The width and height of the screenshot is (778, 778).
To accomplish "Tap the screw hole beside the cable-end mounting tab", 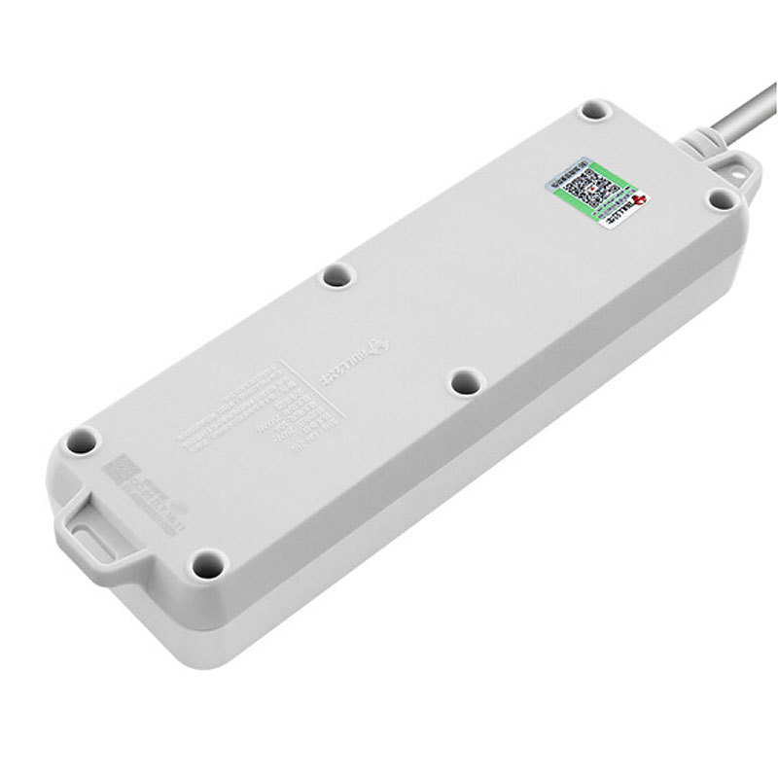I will tap(720, 198).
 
